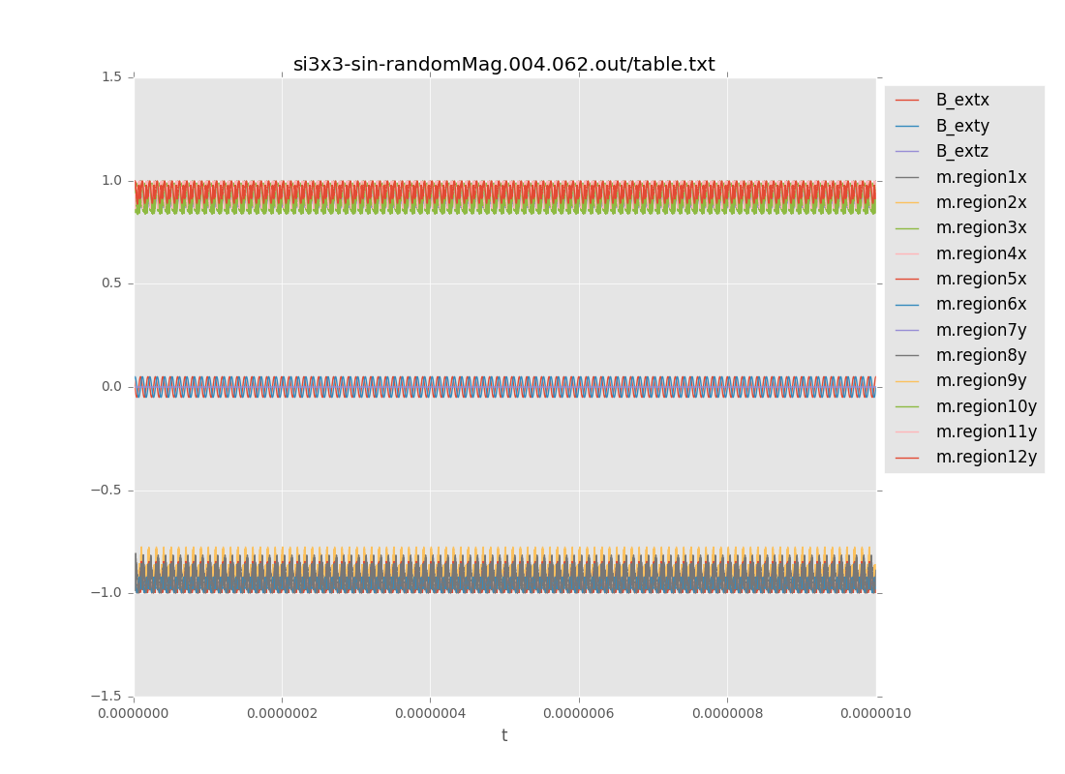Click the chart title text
(503, 65)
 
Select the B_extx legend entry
(961, 100)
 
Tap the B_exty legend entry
(961, 126)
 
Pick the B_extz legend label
(961, 151)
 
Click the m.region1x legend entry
(981, 177)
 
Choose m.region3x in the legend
(981, 227)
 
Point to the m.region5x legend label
(981, 279)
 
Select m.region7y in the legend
(981, 330)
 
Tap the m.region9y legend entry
(981, 380)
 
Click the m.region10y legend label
(986, 406)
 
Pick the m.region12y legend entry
(986, 457)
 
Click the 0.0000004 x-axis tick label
(430, 714)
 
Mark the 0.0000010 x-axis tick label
(875, 714)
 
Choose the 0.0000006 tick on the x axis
(579, 714)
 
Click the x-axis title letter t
(503, 736)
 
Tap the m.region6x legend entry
(981, 304)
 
